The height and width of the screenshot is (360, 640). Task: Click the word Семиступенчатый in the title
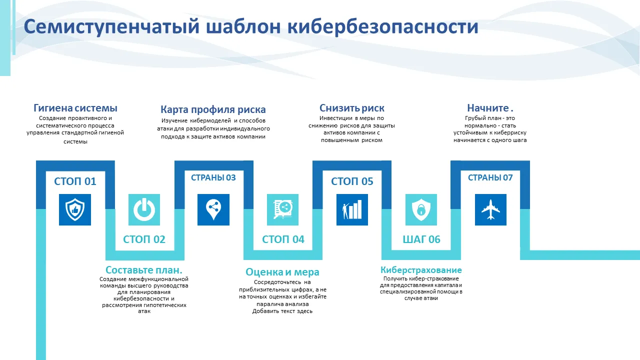[111, 27]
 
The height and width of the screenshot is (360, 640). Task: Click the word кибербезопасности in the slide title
[383, 26]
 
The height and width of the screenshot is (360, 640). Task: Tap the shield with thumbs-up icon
[75, 209]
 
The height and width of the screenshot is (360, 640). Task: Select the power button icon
[144, 209]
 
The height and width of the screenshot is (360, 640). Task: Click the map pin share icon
[213, 209]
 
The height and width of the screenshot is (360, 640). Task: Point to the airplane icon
[490, 209]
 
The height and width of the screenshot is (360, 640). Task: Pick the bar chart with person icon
[352, 209]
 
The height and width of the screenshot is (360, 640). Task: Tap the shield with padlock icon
[421, 209]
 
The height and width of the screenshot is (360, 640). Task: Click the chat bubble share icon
[282, 209]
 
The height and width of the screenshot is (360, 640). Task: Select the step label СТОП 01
[75, 181]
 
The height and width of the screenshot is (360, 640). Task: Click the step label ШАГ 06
[421, 239]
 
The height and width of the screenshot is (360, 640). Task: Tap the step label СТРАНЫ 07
[490, 177]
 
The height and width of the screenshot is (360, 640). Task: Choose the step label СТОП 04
[283, 239]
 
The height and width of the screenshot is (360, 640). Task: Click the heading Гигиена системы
[75, 108]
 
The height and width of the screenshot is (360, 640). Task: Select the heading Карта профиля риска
[213, 109]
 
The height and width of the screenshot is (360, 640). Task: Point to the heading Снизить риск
[351, 108]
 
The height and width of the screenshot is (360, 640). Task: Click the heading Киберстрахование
[421, 270]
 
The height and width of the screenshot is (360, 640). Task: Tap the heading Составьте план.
[144, 270]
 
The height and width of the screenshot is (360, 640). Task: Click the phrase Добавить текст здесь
[282, 311]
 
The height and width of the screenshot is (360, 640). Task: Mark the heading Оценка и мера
[282, 272]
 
